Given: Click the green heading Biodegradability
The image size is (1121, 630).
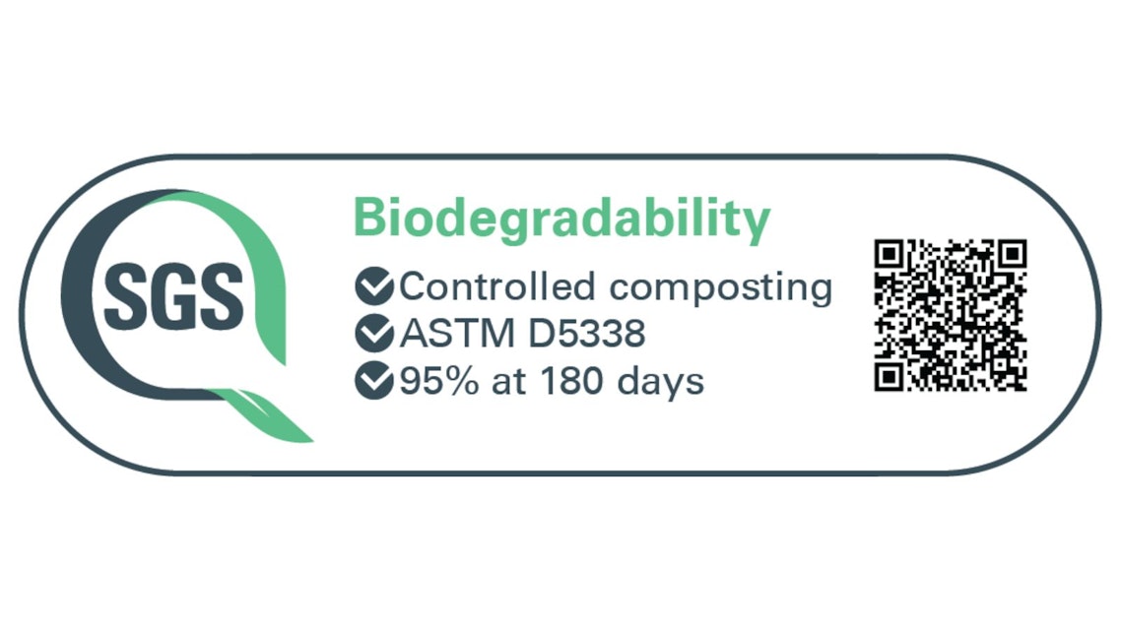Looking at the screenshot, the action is (x=561, y=220).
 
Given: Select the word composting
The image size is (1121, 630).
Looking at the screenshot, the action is (x=721, y=289).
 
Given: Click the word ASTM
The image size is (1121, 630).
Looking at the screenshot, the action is (x=457, y=333).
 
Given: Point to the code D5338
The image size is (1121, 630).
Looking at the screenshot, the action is (x=586, y=333).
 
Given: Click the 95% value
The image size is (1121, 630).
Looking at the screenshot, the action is (x=439, y=380).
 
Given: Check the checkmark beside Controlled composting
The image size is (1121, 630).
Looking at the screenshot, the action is (x=374, y=286).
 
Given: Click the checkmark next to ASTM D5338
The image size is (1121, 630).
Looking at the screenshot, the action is (x=374, y=333).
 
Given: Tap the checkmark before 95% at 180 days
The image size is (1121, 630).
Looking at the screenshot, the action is (x=374, y=380).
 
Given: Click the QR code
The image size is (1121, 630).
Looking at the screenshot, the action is (x=951, y=316).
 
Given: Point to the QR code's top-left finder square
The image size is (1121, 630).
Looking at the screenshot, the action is (x=890, y=255).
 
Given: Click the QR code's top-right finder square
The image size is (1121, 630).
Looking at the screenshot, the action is (x=1013, y=255).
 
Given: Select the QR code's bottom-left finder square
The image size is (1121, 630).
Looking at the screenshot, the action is (x=890, y=376).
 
